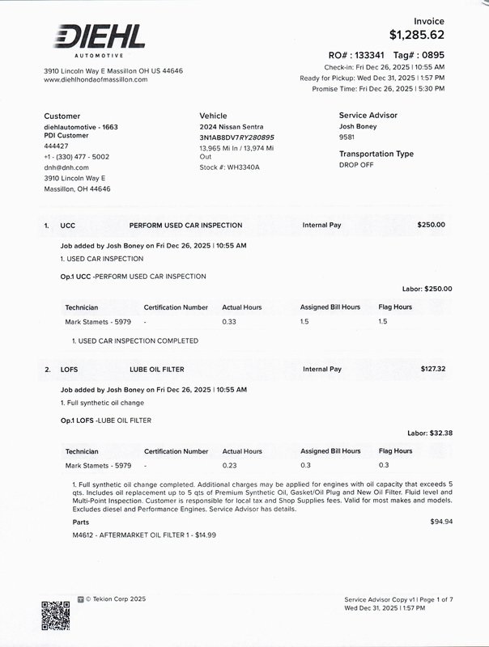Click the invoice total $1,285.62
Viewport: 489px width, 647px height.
click(417, 35)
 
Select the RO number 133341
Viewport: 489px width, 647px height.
click(369, 55)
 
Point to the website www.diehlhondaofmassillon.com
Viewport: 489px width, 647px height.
click(96, 80)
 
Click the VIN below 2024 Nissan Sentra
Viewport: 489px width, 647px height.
click(236, 137)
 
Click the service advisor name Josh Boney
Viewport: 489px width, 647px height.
click(357, 127)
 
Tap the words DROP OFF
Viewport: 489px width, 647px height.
click(355, 165)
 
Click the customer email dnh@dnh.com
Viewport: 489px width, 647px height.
click(66, 167)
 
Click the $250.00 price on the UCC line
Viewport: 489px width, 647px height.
click(431, 225)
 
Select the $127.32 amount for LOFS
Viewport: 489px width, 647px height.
click(433, 370)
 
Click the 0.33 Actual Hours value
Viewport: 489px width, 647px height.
click(230, 322)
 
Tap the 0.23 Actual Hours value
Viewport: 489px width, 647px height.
click(230, 466)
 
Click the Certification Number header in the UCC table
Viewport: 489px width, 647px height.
click(176, 307)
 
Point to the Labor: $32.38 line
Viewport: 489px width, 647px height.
click(429, 433)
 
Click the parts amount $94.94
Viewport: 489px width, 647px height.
click(441, 522)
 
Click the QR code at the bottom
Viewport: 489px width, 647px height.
click(55, 615)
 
